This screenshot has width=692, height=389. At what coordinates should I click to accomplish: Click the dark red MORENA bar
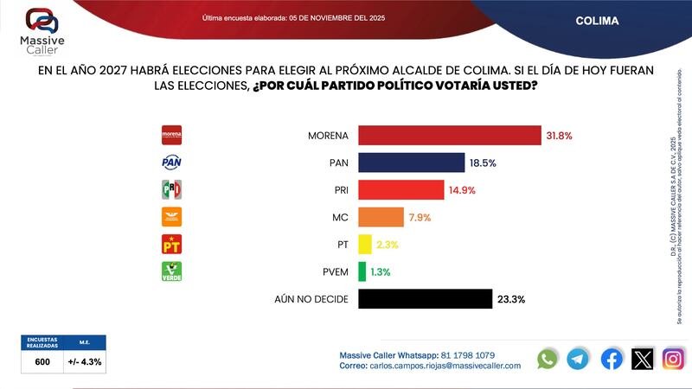coord(449,136)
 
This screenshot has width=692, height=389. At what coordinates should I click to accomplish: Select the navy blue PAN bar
coord(411,163)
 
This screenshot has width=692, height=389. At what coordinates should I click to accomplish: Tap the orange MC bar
coord(381,217)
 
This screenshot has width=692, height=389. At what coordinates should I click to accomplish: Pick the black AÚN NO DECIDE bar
coord(425,298)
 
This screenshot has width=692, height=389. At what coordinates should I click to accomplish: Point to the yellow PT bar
coord(364,244)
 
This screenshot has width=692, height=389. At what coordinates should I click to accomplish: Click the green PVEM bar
coord(362,271)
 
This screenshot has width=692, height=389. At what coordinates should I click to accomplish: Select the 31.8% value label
coord(559,136)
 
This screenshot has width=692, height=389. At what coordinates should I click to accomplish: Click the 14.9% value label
coord(461,190)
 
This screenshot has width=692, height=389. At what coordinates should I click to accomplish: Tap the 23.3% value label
coord(511,299)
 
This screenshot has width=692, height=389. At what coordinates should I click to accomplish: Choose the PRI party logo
coord(172,189)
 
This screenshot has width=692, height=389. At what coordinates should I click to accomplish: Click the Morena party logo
coord(172,135)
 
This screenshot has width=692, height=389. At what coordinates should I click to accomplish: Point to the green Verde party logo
coord(172,271)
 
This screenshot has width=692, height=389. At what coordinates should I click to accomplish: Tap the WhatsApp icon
coord(547,359)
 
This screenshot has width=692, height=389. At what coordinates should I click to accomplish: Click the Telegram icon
coord(578,359)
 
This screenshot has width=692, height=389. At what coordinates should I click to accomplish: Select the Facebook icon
coord(611,359)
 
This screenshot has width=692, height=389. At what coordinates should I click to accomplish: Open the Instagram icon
coord(673,359)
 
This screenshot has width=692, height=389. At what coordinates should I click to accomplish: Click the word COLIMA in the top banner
coord(597,20)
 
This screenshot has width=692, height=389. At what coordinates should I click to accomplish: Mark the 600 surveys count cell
coord(42,361)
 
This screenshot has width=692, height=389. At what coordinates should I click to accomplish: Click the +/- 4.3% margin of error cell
coord(85,361)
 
